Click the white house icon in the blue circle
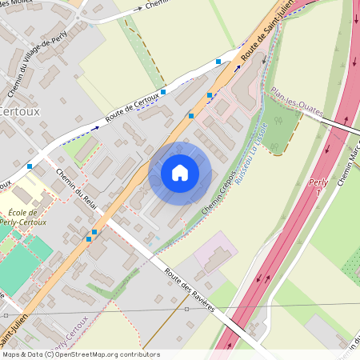click(180, 172)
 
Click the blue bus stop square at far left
click(30, 166)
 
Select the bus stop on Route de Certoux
click(163, 92)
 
